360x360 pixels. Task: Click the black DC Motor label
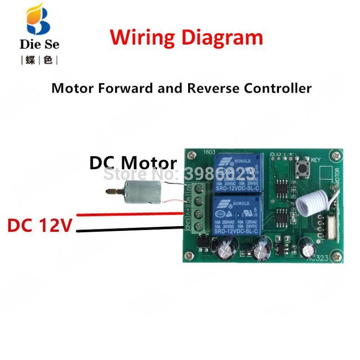coord(133,163)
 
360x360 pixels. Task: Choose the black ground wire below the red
coord(130,230)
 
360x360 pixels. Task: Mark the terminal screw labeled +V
coord(195,211)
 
